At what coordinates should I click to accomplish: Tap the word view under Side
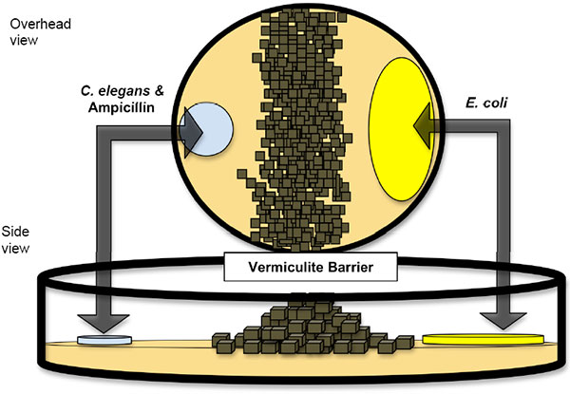point(17,248)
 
